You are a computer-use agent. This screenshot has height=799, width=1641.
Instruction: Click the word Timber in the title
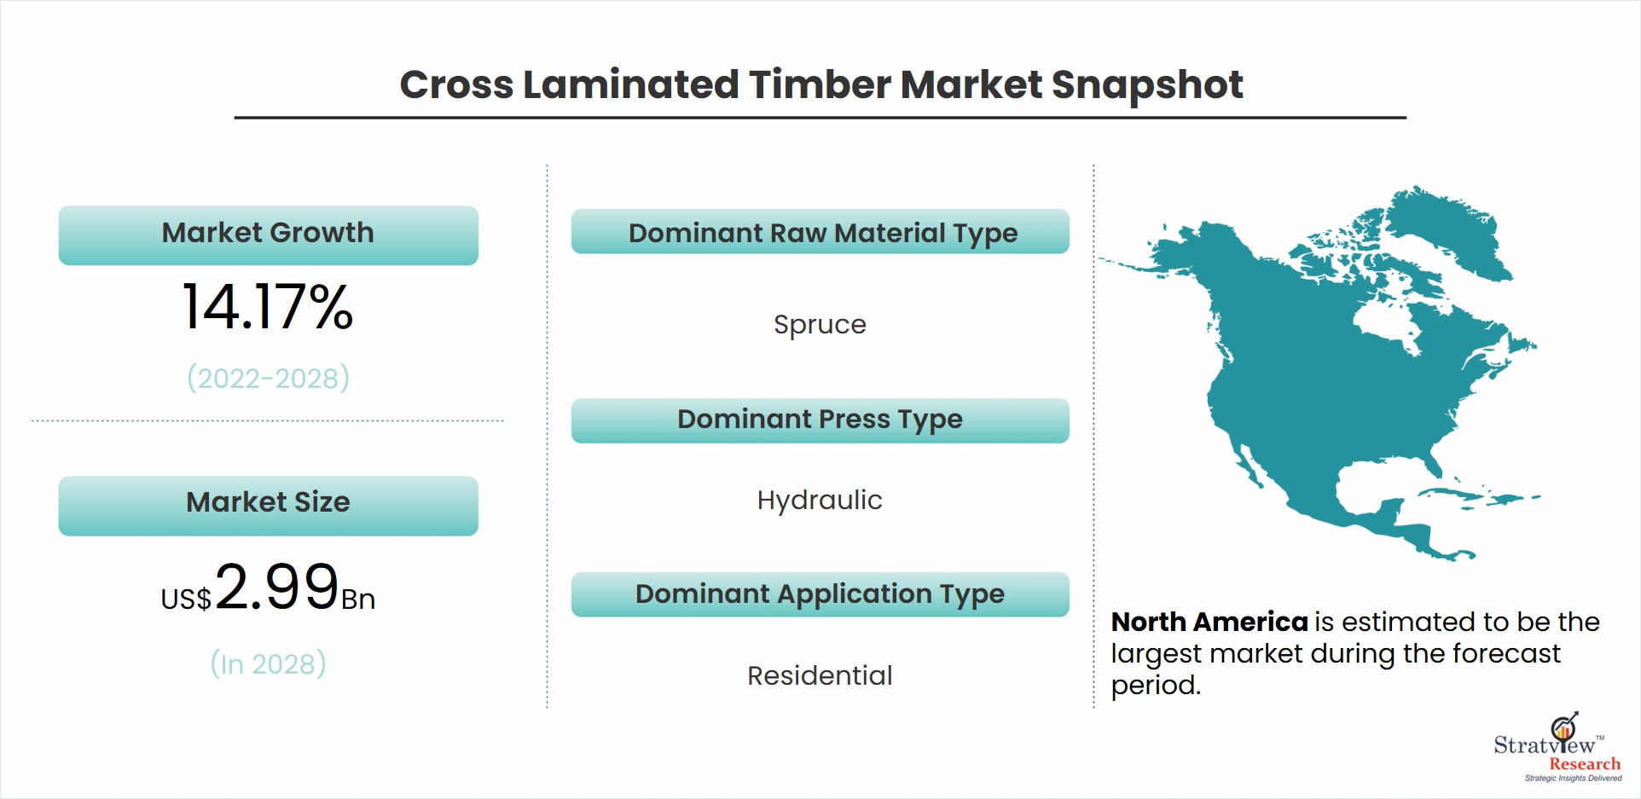(x=819, y=84)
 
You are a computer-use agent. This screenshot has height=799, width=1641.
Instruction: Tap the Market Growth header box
(x=268, y=234)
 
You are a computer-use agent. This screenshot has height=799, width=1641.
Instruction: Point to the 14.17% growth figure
(x=268, y=307)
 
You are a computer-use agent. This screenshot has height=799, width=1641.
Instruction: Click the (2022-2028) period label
(x=268, y=378)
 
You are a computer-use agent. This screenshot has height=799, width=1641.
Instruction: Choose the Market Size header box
(x=268, y=506)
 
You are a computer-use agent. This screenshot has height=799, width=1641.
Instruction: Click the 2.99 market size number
(x=276, y=587)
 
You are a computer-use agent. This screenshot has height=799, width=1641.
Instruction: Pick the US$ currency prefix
(x=186, y=599)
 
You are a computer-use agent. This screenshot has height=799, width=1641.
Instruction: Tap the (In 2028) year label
(x=268, y=663)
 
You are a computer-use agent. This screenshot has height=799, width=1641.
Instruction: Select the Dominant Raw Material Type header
(x=820, y=231)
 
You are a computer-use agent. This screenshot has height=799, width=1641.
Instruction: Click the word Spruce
(x=820, y=326)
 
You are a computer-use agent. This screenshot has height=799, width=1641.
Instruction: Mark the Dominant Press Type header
(x=820, y=420)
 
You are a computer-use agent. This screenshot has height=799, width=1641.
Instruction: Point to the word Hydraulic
(x=820, y=501)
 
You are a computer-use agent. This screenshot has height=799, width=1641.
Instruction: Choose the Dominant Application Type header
(x=820, y=594)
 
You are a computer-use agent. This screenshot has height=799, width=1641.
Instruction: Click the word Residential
(x=820, y=675)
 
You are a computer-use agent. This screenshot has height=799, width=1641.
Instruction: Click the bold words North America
(x=1209, y=622)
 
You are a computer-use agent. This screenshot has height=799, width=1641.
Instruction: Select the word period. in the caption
(x=1156, y=686)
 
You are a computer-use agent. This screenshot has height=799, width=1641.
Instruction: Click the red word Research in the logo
(x=1585, y=764)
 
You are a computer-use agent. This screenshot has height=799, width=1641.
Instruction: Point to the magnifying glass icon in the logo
(x=1564, y=727)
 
